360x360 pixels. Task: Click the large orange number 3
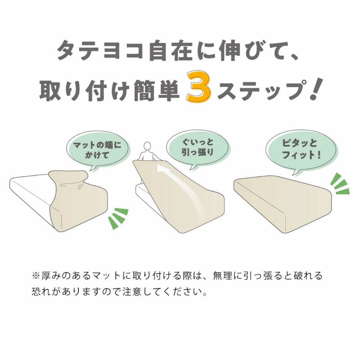click(x=199, y=87)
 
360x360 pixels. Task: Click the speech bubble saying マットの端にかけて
click(x=97, y=150)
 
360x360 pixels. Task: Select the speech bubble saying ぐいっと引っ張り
click(x=198, y=148)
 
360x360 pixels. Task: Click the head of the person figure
click(x=147, y=146)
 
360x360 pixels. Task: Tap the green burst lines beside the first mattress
click(x=118, y=218)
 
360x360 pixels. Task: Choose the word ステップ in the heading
click(x=262, y=90)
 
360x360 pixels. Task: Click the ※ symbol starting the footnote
click(x=36, y=276)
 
